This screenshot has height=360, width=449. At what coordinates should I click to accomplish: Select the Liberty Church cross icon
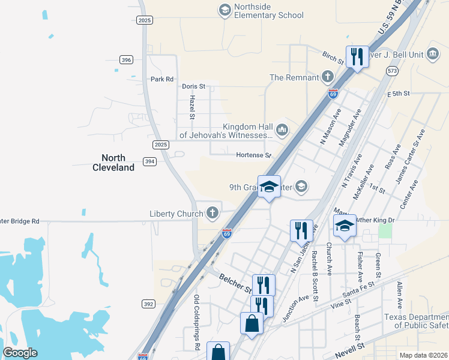pos(212,212)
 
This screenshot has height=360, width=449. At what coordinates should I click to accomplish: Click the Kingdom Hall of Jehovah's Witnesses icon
pos(282,129)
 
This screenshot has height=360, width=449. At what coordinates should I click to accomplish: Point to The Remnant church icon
pos(328,76)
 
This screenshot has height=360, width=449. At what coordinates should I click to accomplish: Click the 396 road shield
pos(125,59)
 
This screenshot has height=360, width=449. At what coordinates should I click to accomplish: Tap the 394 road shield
pos(149,161)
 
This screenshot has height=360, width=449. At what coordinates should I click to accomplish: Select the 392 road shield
pos(149,304)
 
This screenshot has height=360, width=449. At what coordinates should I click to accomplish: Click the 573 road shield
pos(393,71)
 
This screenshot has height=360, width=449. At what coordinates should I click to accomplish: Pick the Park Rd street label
pos(161,79)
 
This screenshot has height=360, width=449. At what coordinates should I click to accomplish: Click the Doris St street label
pos(193,86)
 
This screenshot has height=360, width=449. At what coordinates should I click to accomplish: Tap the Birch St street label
pos(332,58)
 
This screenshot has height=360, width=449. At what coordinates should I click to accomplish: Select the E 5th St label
pos(398,94)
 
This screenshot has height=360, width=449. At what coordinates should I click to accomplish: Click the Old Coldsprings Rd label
pos(196,322)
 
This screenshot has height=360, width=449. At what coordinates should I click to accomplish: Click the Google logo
pos(20,353)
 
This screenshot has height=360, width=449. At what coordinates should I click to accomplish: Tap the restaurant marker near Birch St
pos(357,57)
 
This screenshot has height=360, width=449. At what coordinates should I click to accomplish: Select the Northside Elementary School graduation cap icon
pos(224,10)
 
